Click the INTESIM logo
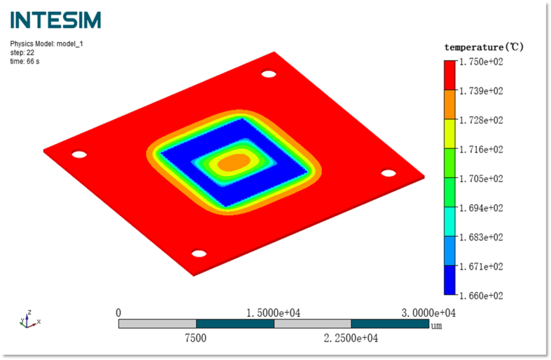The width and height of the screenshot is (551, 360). tap(56, 20)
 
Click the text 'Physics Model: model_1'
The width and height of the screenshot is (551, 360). tap(46, 44)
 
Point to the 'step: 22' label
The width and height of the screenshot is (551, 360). tap(22, 53)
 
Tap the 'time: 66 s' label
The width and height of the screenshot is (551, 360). tap(25, 62)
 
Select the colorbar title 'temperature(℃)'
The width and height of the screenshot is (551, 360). tap(484, 47)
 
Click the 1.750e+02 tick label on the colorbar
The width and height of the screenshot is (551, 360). tap(481, 62)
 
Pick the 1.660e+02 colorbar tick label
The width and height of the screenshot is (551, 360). tap(481, 296)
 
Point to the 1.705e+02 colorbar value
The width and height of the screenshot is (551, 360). tap(481, 179)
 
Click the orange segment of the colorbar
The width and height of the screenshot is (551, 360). tap(450, 105)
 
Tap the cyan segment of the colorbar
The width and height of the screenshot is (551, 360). tap(450, 221)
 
